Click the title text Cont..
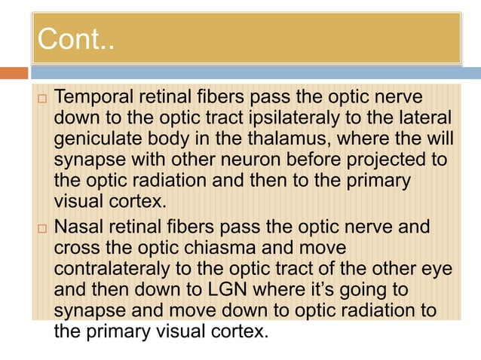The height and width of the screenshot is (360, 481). click(x=75, y=40)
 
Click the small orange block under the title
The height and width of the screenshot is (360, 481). click(x=14, y=73)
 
